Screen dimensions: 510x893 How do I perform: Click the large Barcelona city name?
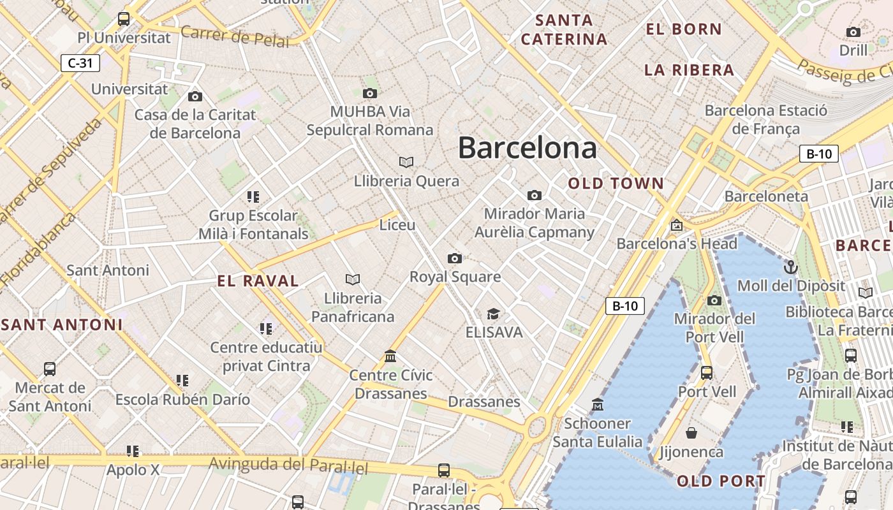[x=528, y=148]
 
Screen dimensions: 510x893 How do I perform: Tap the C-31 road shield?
[x=80, y=63]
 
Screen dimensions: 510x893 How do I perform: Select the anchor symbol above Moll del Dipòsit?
[x=791, y=266]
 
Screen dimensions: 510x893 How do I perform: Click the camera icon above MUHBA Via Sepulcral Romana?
[x=369, y=94]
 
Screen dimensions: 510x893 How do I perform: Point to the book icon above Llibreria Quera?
[x=406, y=162]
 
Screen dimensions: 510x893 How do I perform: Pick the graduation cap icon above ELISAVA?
[x=493, y=314]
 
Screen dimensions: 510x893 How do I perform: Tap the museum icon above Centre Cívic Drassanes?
[x=390, y=356]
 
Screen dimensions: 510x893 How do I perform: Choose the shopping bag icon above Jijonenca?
[x=691, y=433]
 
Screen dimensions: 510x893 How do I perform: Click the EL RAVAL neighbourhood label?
[x=258, y=281]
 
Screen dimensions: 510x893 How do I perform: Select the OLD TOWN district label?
[x=616, y=184]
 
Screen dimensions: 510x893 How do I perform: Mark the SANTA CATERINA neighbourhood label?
[x=564, y=30]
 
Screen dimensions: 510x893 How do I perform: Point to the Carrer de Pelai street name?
[x=235, y=36]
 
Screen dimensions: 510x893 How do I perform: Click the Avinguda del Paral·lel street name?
[x=289, y=466]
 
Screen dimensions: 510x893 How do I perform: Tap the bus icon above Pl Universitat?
[x=124, y=19]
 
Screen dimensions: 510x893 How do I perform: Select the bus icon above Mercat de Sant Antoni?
[x=49, y=368]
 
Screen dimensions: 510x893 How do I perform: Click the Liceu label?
[x=397, y=225]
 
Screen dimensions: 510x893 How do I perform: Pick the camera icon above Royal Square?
[x=454, y=258]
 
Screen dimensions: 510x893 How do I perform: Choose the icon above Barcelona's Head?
[x=676, y=225]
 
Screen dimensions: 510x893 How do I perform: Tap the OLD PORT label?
[x=721, y=481]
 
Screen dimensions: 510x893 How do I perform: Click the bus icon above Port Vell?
[x=707, y=372]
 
